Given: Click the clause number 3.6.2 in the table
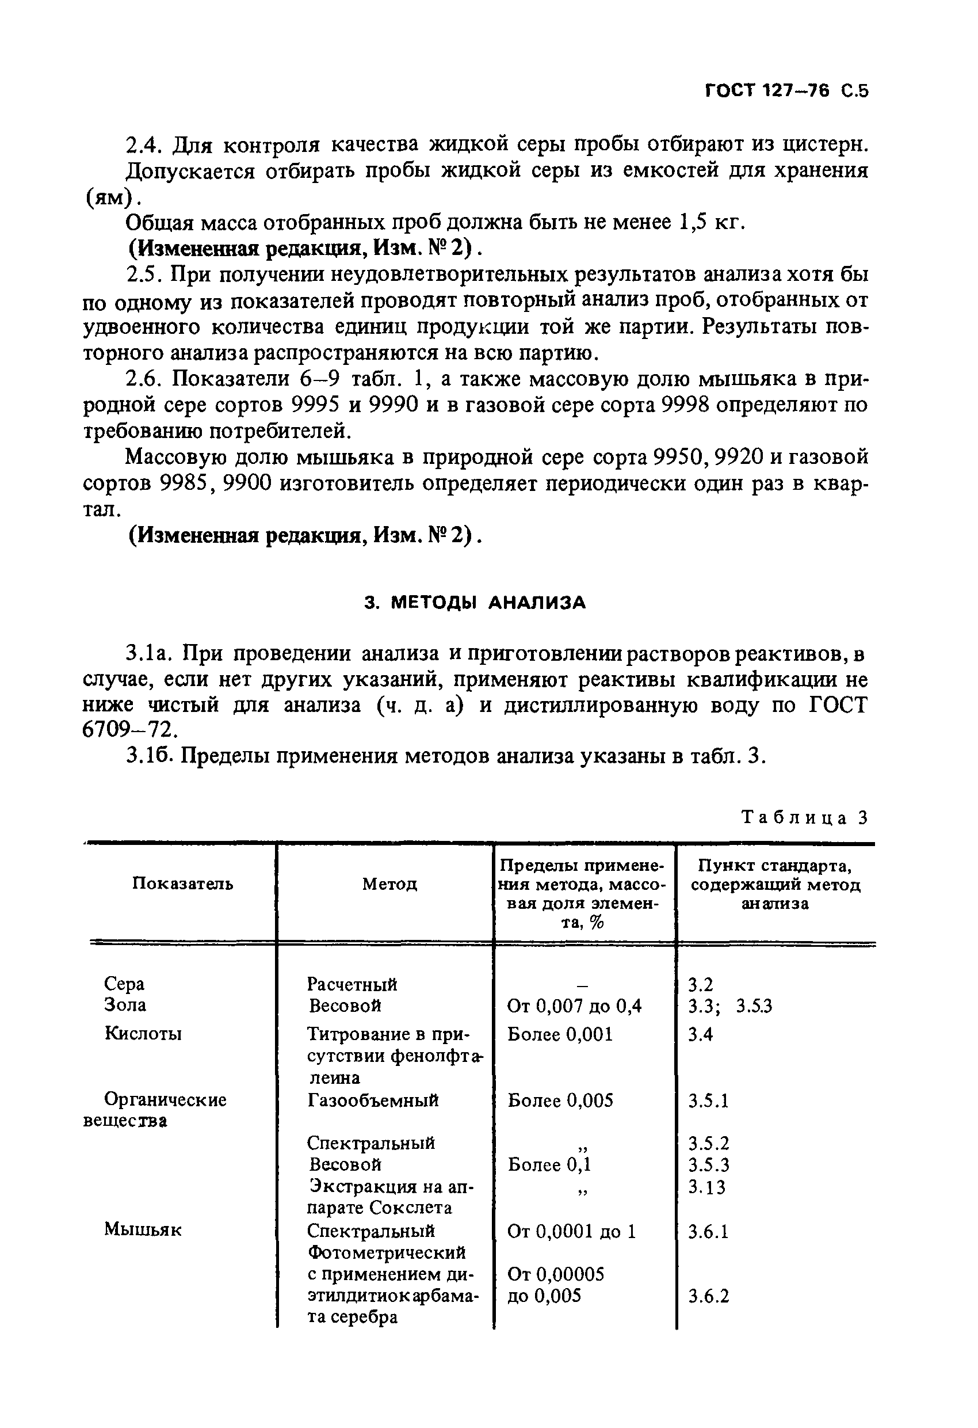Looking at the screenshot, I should (x=708, y=1297).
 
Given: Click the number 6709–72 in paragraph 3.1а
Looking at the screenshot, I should (x=129, y=729).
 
